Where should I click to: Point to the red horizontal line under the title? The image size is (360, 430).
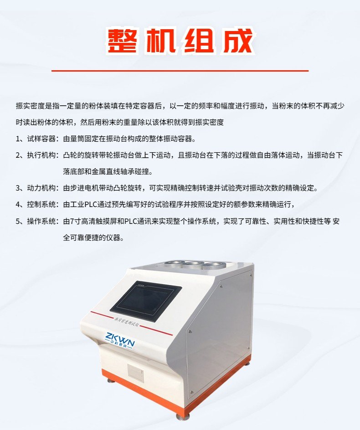pyautogui.click(x=180, y=71)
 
